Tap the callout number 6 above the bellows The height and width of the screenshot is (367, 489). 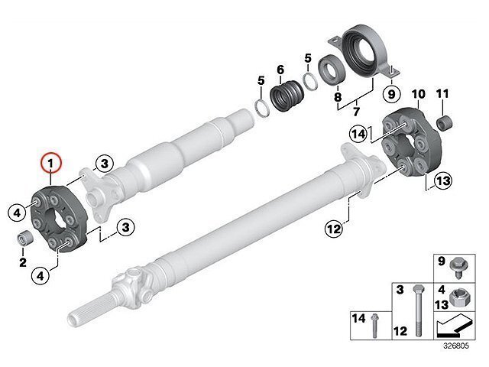coord(280,70)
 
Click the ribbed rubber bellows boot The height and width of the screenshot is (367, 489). coord(287,95)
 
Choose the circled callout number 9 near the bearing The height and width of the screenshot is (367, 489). coord(391,93)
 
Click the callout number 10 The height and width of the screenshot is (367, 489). coord(419,94)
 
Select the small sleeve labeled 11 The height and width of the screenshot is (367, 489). coord(444,122)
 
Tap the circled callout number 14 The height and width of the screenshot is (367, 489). coord(358,135)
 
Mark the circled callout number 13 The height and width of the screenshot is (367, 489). coord(443,181)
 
